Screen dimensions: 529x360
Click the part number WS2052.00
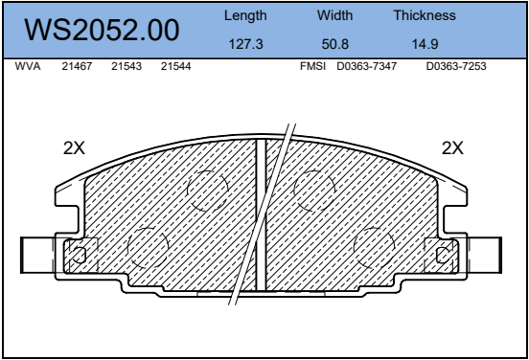click(x=102, y=30)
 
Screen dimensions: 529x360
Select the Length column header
click(x=245, y=16)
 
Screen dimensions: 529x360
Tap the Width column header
click(x=334, y=15)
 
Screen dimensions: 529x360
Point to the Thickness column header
click(x=425, y=15)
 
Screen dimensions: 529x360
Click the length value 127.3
click(x=245, y=44)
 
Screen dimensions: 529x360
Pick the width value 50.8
click(x=335, y=44)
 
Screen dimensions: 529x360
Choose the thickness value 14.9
click(x=425, y=44)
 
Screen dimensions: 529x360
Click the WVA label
click(x=28, y=66)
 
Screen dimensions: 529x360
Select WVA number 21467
click(x=77, y=66)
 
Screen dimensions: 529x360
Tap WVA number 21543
click(x=126, y=66)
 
